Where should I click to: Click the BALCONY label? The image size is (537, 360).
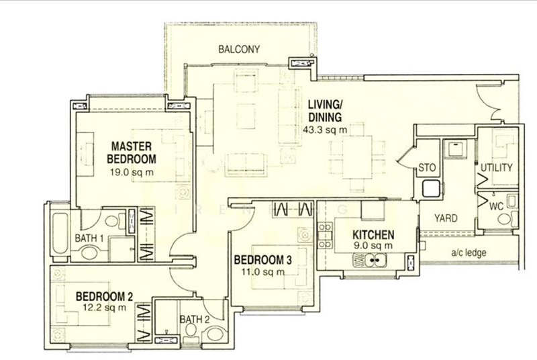coord(239,49)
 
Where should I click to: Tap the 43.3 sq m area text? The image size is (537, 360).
coord(325,130)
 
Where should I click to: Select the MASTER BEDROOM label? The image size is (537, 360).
coord(132,152)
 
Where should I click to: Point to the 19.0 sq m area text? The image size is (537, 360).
coord(132,173)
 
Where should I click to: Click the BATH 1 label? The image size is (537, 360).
coord(89,238)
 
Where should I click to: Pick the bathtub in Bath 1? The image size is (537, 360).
coord(60,234)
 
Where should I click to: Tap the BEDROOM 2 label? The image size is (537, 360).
coord(105,296)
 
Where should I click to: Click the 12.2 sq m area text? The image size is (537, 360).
coord(105,308)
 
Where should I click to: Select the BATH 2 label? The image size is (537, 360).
coord(195,319)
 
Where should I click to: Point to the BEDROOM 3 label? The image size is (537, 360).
coord(262,260)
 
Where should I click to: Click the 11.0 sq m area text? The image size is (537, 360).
coord(263,272)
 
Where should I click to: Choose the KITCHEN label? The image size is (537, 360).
coord(373,235)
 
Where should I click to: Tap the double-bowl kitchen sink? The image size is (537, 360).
coord(369,261)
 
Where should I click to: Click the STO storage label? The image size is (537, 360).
coord(427,168)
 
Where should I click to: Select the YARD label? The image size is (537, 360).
coord(446,218)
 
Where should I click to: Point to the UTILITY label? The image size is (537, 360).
coord(497,168)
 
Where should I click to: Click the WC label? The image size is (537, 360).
coord(496,206)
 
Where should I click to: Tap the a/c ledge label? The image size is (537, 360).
coord(469,253)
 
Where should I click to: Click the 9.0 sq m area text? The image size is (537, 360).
coord(373,246)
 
